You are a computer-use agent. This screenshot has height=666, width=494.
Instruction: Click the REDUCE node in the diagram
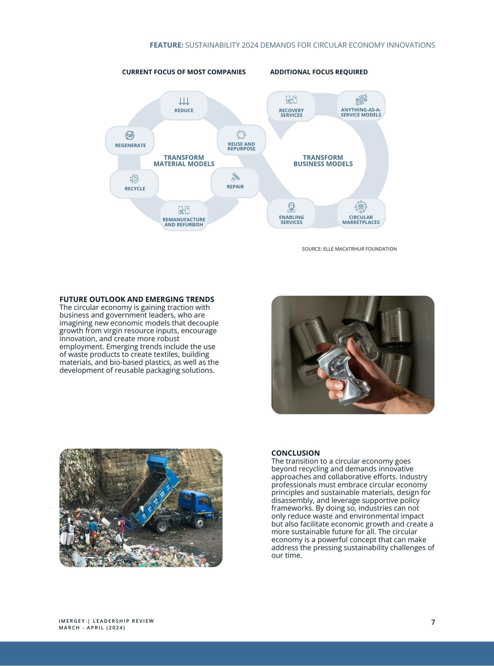pos(184,106)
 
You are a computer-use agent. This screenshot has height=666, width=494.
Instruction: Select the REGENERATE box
pos(130,141)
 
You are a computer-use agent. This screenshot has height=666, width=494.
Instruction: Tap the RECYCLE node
pos(134,183)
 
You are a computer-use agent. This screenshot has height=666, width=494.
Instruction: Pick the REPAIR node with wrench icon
pos(235,182)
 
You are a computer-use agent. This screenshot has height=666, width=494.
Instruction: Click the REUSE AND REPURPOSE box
pos(241,140)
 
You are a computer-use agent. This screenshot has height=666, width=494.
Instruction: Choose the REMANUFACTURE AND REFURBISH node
pos(184,216)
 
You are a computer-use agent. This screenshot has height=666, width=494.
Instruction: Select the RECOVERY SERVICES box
pos(291,106)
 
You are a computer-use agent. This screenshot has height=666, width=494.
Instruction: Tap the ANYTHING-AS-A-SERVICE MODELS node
pos(361,106)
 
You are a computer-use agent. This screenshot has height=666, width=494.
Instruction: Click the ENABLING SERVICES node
pos(291,213)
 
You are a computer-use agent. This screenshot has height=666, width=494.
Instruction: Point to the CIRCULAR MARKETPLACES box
pos(361,213)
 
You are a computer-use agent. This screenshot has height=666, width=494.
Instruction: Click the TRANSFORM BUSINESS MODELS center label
pos(323,161)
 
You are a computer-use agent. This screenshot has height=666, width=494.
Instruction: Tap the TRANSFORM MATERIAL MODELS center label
pos(184,161)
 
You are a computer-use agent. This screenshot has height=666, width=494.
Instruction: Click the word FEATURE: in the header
pos(166,45)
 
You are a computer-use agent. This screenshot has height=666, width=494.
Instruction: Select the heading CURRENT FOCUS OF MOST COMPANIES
pos(184,72)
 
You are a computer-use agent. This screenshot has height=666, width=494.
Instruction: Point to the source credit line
pos(349,249)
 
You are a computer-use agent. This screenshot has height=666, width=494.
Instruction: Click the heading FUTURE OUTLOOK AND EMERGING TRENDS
pos(136,299)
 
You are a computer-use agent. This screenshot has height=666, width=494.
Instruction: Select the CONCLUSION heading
pos(295,453)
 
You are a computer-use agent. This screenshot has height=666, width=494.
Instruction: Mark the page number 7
pos(433,622)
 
